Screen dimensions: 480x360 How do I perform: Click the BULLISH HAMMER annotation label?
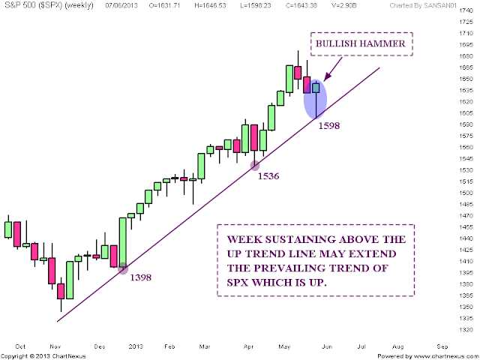[x=360, y=43]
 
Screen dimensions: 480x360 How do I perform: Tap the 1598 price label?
[x=329, y=126]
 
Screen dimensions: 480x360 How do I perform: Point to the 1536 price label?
[x=268, y=176]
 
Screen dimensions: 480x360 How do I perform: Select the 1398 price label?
[x=141, y=277]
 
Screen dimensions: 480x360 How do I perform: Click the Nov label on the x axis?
[x=55, y=346]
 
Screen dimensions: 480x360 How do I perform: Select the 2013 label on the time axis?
[x=136, y=346]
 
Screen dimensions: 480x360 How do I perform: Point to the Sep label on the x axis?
[x=442, y=346]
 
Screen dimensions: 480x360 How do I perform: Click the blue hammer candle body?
[x=316, y=88]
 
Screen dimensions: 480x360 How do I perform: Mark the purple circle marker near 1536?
[x=255, y=166]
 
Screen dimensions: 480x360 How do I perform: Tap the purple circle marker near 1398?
[x=123, y=268]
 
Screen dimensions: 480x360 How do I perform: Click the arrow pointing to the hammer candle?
[x=333, y=69]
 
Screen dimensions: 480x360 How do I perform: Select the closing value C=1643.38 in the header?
[x=301, y=5]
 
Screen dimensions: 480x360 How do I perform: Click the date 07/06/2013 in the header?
[x=121, y=5]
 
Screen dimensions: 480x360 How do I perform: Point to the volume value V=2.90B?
[x=344, y=5]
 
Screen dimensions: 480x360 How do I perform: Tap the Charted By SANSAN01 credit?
[x=423, y=5]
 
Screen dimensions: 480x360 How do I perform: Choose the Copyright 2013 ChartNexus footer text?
[x=43, y=356]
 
